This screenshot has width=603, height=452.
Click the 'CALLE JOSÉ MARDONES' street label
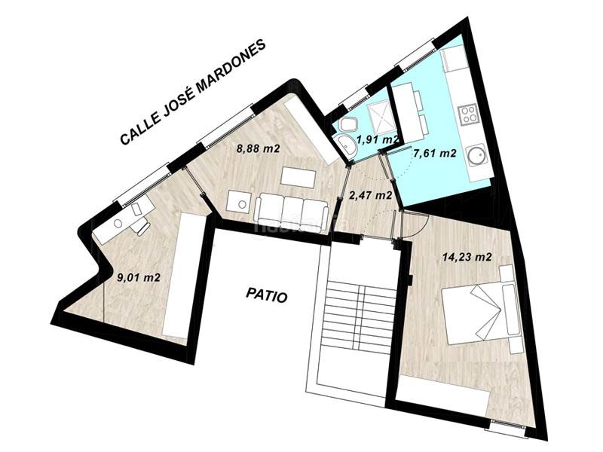193,93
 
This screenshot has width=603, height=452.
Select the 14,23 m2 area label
467,257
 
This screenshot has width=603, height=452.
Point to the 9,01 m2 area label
138,276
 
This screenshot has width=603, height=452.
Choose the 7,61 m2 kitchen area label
434,153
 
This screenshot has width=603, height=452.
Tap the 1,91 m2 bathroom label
378,139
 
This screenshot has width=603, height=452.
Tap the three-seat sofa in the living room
290,209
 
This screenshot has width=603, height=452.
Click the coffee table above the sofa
299,178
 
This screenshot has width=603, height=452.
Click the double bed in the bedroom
480,308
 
